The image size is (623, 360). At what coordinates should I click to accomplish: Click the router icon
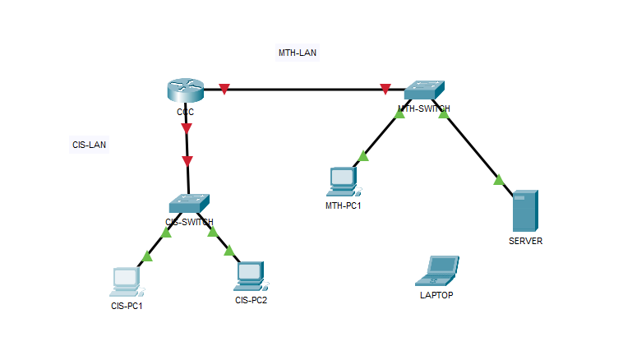click(185, 89)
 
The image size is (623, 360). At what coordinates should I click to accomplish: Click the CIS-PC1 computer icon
click(126, 281)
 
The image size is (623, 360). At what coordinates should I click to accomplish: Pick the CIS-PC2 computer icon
click(250, 275)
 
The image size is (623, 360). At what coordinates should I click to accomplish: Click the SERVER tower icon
click(524, 211)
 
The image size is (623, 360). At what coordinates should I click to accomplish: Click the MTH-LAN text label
click(298, 53)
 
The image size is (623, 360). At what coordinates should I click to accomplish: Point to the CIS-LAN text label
click(89, 145)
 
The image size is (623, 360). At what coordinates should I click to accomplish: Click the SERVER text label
click(525, 241)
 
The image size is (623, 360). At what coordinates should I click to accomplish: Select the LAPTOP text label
click(436, 294)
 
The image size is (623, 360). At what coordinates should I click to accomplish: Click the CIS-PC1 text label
click(127, 306)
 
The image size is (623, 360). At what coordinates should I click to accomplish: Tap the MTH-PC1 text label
click(343, 205)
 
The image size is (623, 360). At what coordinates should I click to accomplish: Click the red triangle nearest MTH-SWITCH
click(385, 89)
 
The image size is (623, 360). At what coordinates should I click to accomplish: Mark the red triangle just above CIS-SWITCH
click(187, 160)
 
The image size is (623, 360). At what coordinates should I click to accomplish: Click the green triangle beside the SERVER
click(498, 179)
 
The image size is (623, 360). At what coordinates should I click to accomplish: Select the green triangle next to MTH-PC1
click(363, 156)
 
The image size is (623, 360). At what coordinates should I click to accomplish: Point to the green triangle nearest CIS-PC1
click(147, 257)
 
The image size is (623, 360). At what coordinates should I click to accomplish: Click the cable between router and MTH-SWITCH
click(304, 89)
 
